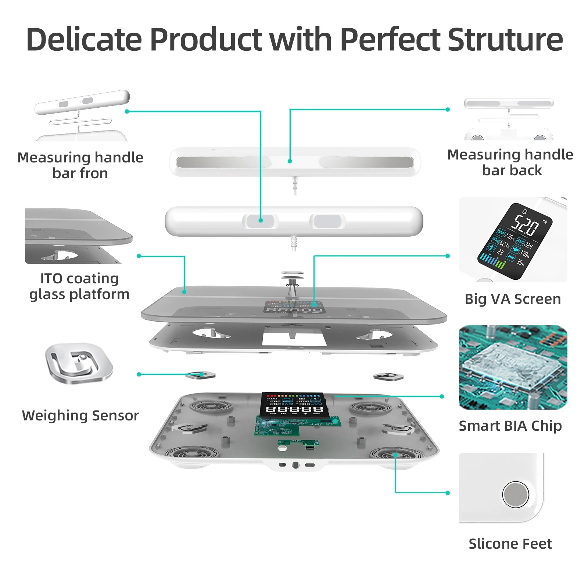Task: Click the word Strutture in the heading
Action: [505, 40]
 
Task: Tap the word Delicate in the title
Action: [84, 40]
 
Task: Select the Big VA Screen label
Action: [513, 299]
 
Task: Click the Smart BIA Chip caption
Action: [510, 426]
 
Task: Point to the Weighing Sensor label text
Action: [80, 416]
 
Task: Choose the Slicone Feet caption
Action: [510, 544]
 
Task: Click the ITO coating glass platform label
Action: [79, 286]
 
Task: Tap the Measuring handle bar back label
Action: [510, 162]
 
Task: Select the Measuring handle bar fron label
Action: [80, 165]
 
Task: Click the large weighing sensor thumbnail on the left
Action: [79, 363]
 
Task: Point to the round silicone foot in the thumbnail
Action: [515, 494]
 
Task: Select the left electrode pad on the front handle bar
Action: [260, 221]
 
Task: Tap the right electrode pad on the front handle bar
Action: [327, 221]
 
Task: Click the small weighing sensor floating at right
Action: [388, 377]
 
